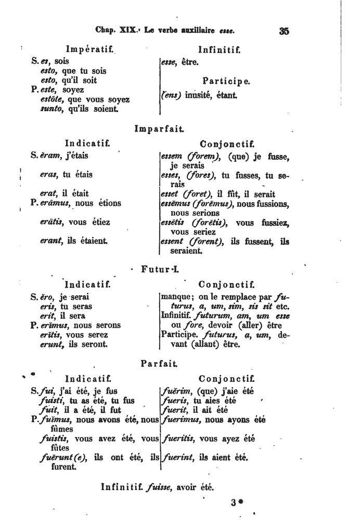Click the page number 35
click(x=284, y=30)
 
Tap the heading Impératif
click(x=86, y=50)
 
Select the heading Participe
click(x=226, y=81)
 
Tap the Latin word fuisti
click(x=52, y=400)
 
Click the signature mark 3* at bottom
click(x=236, y=503)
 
